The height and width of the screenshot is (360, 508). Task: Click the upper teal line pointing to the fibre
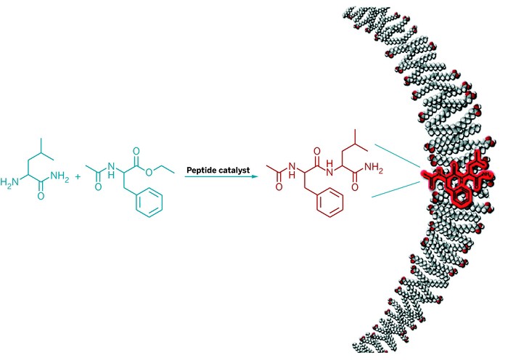[x=398, y=156]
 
